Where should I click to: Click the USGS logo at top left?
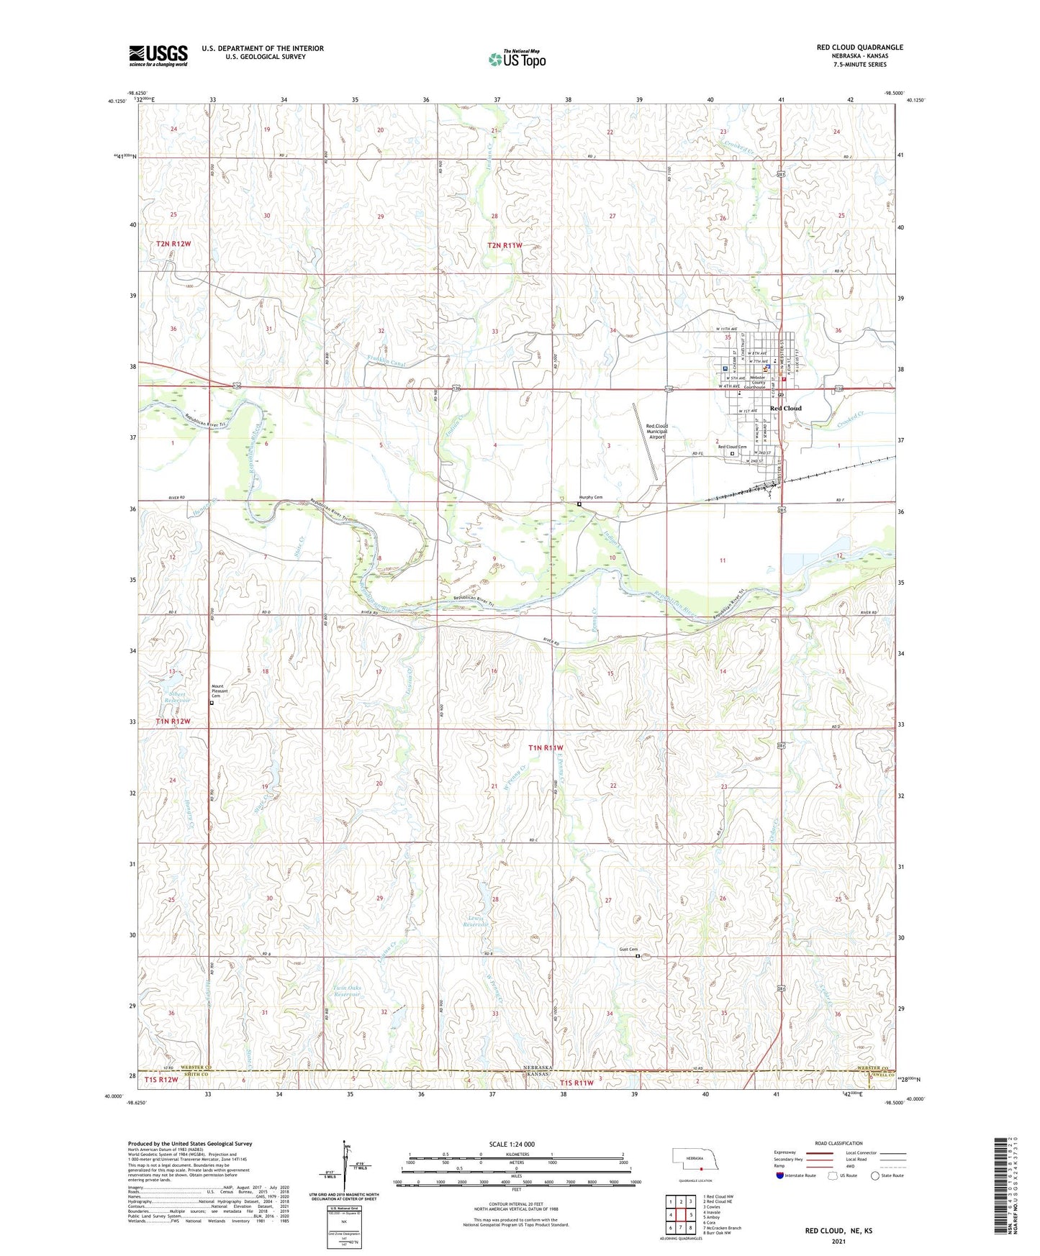click(158, 55)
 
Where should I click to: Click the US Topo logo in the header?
click(517, 58)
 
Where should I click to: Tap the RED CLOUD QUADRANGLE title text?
click(859, 47)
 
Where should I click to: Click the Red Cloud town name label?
click(785, 409)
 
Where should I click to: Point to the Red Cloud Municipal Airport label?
click(656, 431)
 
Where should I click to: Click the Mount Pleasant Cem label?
click(220, 691)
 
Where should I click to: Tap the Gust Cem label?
click(628, 950)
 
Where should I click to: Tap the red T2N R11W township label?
click(505, 245)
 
